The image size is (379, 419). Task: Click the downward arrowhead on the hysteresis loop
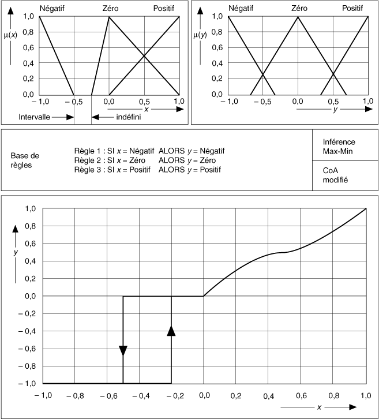pos(123,350)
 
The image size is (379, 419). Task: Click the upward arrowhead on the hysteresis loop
pos(171,330)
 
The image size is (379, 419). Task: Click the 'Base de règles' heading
pos(25,160)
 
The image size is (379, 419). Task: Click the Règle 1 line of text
pos(149,151)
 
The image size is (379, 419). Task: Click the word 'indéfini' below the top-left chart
pos(129,117)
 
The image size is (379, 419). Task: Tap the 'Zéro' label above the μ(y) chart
pos(299,8)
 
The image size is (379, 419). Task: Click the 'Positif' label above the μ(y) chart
pos(352,8)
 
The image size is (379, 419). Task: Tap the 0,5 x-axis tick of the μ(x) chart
pos(144,102)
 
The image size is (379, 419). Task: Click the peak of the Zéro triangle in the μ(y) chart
pos(298,16)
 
